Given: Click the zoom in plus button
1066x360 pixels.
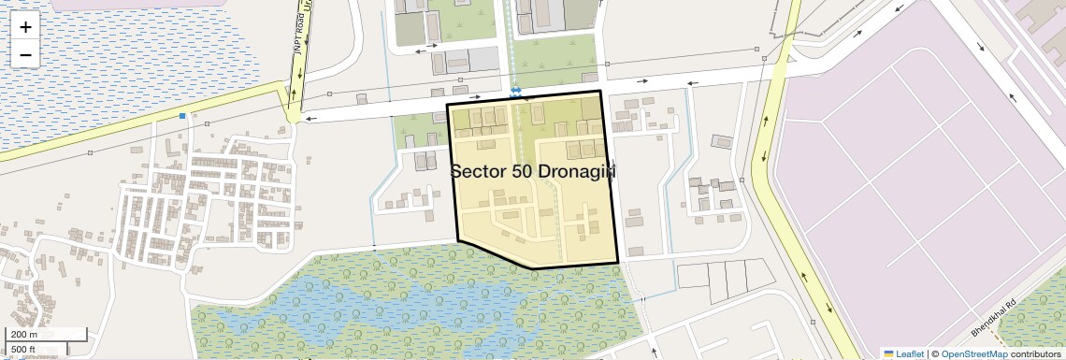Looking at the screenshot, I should click(x=25, y=27).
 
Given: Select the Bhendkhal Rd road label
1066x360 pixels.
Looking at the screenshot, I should click(x=991, y=318).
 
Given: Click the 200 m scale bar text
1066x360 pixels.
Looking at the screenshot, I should click(x=24, y=335).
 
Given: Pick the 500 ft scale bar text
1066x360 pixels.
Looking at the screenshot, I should click(x=23, y=350).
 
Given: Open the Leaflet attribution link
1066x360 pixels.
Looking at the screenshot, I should click(x=903, y=353).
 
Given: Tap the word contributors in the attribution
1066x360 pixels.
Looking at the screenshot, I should click(x=1036, y=353).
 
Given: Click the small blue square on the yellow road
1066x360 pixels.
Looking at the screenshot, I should click(x=182, y=116).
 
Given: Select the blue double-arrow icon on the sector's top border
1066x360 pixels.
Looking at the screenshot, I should click(x=515, y=91).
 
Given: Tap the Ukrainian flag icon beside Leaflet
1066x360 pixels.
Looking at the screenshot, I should click(x=888, y=353).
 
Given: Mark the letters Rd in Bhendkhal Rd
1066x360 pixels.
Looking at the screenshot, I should click(x=1008, y=305).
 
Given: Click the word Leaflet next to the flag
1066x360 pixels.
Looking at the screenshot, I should click(x=910, y=353).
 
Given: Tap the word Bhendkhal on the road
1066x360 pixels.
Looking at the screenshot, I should click(x=987, y=322).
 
